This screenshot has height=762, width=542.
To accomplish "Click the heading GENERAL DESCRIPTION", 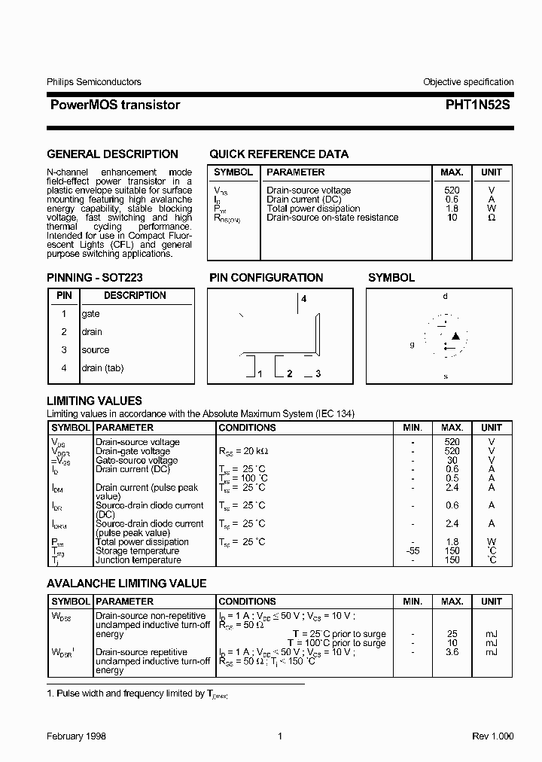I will [112, 154].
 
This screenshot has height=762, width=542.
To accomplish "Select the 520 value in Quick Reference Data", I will [452, 190].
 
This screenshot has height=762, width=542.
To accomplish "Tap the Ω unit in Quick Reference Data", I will [491, 218].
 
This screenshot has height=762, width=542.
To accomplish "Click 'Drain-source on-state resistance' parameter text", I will [332, 218].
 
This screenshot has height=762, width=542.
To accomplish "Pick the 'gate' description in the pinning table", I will [90, 314].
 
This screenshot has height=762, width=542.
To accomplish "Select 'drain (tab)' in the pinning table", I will [102, 368].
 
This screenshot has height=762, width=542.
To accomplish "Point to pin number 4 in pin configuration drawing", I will [304, 299].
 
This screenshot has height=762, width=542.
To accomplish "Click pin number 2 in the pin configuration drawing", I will [289, 373].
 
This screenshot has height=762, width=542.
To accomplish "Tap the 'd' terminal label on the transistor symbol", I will [445, 296].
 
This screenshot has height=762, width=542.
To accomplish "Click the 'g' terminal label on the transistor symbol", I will [412, 344].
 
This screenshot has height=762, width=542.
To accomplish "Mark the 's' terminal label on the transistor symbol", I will [445, 376].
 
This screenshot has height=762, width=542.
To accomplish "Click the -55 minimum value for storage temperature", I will [413, 551].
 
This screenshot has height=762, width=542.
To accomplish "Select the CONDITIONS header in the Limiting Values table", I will [247, 428].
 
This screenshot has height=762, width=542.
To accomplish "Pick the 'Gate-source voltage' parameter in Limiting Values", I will [136, 460].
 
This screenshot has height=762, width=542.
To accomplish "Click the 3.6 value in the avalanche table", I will [452, 652].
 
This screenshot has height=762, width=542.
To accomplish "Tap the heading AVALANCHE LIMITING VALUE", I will [126, 584].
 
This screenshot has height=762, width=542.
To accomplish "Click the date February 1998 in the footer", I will [77, 736].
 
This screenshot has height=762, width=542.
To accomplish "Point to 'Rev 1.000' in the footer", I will [493, 736].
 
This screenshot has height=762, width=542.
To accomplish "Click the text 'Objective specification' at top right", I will [467, 82].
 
